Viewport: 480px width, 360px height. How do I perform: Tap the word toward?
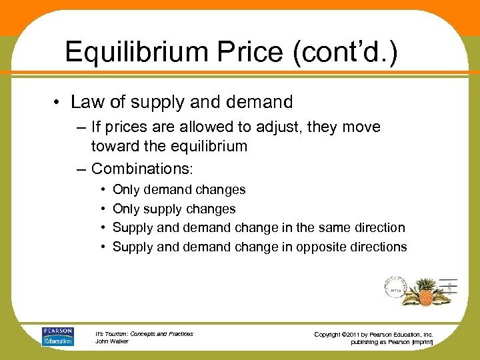click(x=118, y=146)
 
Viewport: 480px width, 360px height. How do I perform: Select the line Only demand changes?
click(x=179, y=190)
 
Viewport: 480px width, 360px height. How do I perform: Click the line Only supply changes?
click(x=174, y=209)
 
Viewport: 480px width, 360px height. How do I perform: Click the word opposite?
click(x=322, y=247)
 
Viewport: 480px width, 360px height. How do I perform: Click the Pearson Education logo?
click(x=57, y=336)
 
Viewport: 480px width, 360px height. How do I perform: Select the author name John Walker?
click(x=111, y=341)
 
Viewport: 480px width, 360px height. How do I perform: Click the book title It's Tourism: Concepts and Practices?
click(x=144, y=333)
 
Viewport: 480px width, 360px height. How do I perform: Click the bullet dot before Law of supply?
click(x=59, y=103)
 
